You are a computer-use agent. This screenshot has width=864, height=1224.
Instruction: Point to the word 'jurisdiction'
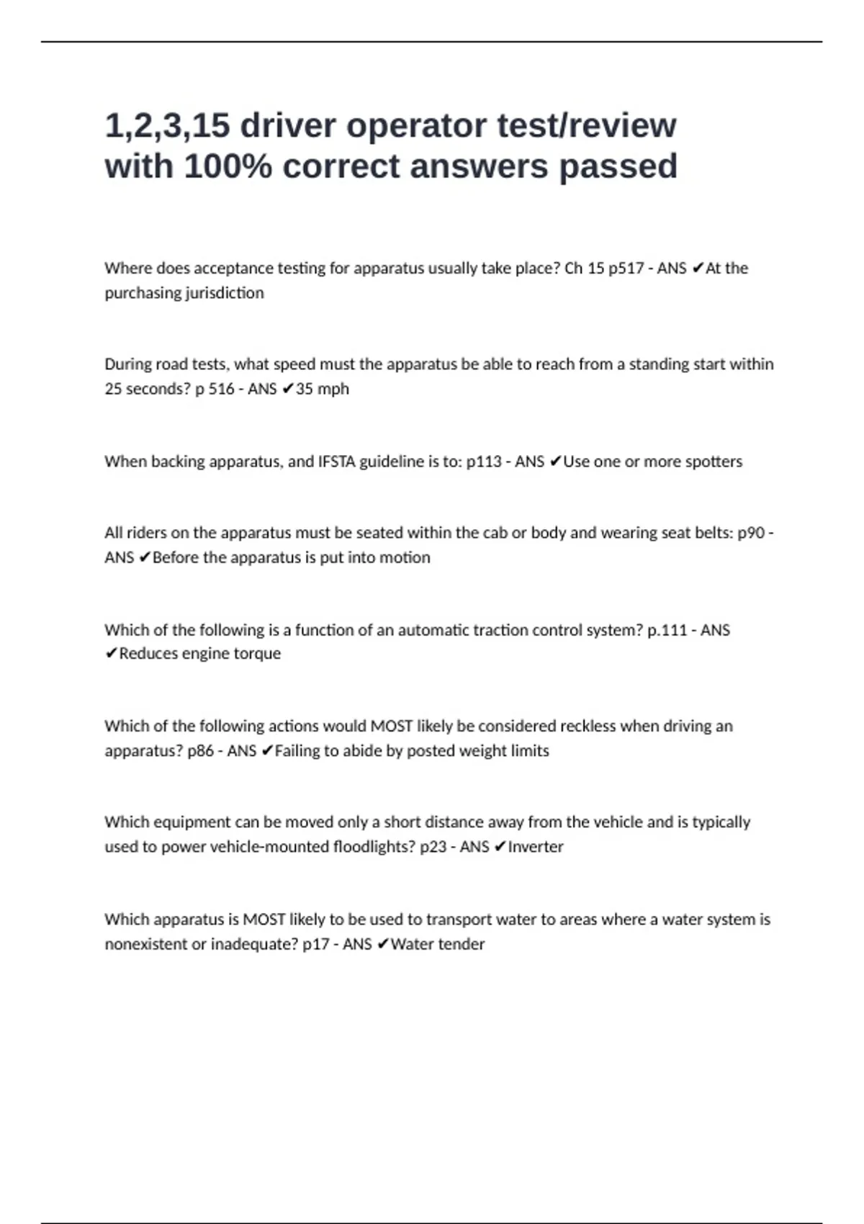pos(225,293)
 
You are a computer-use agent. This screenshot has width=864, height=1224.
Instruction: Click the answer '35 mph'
pos(322,389)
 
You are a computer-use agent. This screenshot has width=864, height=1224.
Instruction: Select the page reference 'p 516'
pos(215,389)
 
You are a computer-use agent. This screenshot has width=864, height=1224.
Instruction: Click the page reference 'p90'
pos(751,533)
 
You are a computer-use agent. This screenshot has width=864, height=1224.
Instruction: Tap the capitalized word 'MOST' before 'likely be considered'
pos(391,726)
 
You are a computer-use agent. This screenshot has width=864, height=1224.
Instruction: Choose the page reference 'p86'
pos(201,751)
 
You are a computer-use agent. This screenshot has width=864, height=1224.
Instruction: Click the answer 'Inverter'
pos(535,847)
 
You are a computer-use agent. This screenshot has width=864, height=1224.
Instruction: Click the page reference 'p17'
pos(316,944)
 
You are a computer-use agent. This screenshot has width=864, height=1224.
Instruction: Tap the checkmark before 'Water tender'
pos(383,944)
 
